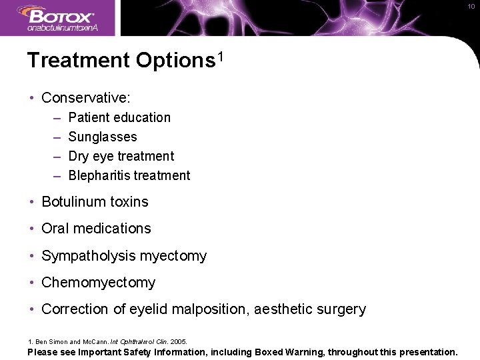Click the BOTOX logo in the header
click(x=60, y=15)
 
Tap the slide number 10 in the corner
click(x=471, y=6)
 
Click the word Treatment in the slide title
click(x=78, y=61)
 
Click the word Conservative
click(x=85, y=97)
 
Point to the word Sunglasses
click(x=103, y=137)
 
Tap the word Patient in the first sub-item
click(x=89, y=117)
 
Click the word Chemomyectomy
click(x=98, y=282)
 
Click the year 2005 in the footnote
click(x=179, y=341)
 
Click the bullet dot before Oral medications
click(x=33, y=229)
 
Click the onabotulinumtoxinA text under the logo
click(x=63, y=28)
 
